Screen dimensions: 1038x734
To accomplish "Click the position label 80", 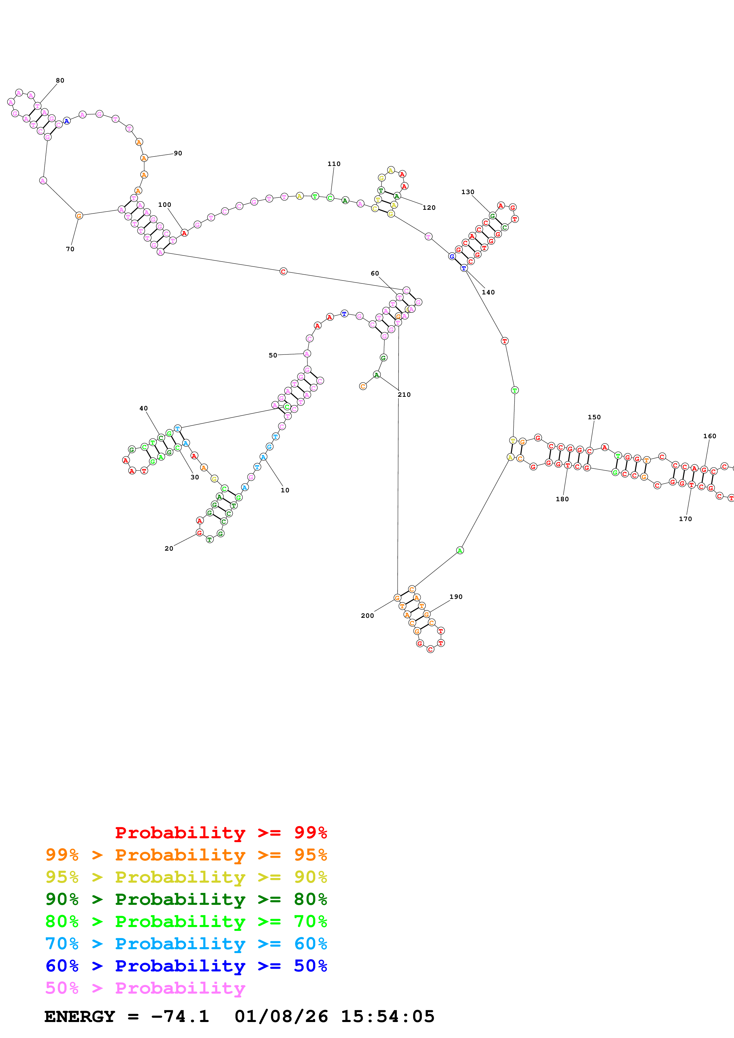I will pyautogui.click(x=60, y=80).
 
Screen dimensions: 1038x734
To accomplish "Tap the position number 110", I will pyautogui.click(x=334, y=164).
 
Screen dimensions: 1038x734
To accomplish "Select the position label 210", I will pyautogui.click(x=404, y=395).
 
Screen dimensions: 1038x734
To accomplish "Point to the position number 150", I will pyautogui.click(x=594, y=417).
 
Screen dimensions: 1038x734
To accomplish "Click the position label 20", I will pyautogui.click(x=169, y=548).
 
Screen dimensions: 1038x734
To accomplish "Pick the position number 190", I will pyautogui.click(x=456, y=597).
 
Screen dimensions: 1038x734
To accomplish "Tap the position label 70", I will pyautogui.click(x=70, y=249).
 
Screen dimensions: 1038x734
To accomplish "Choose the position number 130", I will pyautogui.click(x=468, y=192).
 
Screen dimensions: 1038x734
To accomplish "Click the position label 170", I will pyautogui.click(x=685, y=519).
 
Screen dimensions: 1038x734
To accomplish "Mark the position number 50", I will pyautogui.click(x=273, y=355).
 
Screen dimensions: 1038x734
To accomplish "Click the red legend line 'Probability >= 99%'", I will pyautogui.click(x=221, y=833).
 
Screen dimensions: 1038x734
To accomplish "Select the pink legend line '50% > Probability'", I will pyautogui.click(x=145, y=988).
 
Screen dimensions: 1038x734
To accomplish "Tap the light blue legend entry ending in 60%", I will pyautogui.click(x=186, y=944).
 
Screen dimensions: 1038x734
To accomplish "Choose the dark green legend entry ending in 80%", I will pyautogui.click(x=186, y=899).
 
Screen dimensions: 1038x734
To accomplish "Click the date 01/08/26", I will pyautogui.click(x=281, y=1017).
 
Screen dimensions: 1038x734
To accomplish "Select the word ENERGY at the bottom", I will pyautogui.click(x=80, y=1017).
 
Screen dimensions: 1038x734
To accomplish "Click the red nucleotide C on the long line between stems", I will pyautogui.click(x=283, y=272).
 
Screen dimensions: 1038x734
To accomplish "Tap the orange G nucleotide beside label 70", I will pyautogui.click(x=79, y=216).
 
